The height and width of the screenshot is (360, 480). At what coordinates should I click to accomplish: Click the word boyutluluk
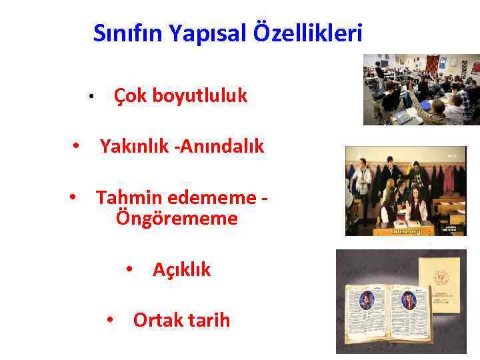199,97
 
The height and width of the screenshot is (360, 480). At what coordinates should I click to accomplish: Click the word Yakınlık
134,146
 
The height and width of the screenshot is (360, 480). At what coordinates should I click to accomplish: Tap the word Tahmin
127,198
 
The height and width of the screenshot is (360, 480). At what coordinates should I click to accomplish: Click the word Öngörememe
177,218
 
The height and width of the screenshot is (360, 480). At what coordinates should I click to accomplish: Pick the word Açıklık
181,270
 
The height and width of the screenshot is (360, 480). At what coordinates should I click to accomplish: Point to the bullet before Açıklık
131,270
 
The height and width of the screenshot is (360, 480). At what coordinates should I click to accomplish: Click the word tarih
205,321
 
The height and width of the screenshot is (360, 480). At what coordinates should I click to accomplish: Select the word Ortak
158,321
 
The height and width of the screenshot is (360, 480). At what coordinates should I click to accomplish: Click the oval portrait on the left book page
367,301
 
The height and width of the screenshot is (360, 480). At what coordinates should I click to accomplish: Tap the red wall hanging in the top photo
433,64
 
